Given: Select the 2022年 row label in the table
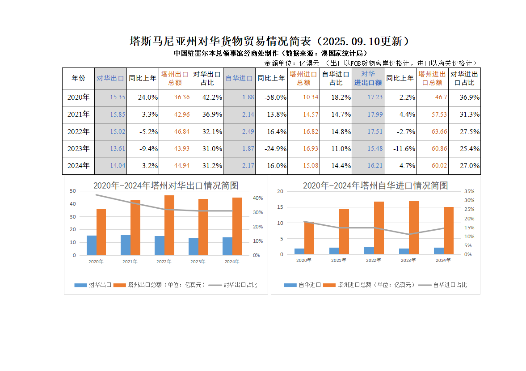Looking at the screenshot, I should point(78,131).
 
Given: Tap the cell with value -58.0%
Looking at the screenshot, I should point(272,97).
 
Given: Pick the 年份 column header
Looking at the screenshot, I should point(78,78).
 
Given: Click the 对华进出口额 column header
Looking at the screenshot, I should point(368,78).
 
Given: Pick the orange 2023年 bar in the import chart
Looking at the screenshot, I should point(414,228).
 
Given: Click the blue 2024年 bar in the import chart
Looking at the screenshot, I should point(439,251).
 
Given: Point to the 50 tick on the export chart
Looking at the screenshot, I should point(73,191).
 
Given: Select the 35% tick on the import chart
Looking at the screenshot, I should point(469,191).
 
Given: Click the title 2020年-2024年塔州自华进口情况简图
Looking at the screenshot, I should point(375,185).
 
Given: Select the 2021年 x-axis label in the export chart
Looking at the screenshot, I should point(130,261).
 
